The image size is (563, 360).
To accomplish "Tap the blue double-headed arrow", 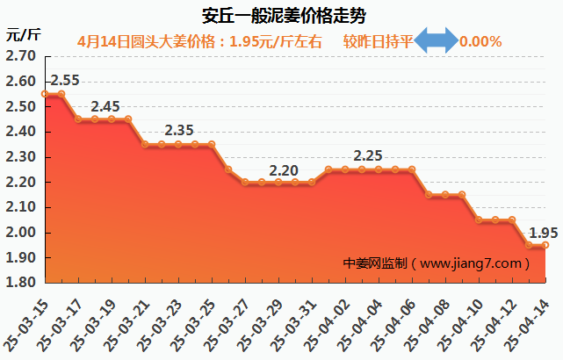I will pos(436,41).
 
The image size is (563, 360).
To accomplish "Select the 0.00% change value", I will pos(480,41).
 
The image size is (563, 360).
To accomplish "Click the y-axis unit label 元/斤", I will pos(23,35).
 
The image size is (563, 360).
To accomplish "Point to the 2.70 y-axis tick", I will pos(20,55).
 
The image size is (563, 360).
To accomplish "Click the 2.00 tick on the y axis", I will pos(20,233).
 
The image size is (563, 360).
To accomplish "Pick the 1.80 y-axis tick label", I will pos(20,283).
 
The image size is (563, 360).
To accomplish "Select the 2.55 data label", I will pos(64,81).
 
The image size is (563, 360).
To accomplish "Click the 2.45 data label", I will pos(105,106).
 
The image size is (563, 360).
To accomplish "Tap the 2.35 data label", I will pos(179,131).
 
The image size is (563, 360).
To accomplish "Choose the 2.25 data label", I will pos(368,156).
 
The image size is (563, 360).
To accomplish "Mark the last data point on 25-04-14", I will pos(545,245).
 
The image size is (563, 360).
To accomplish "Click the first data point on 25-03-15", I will pos(45,94).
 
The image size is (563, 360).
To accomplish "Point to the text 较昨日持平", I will pos(378,41).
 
